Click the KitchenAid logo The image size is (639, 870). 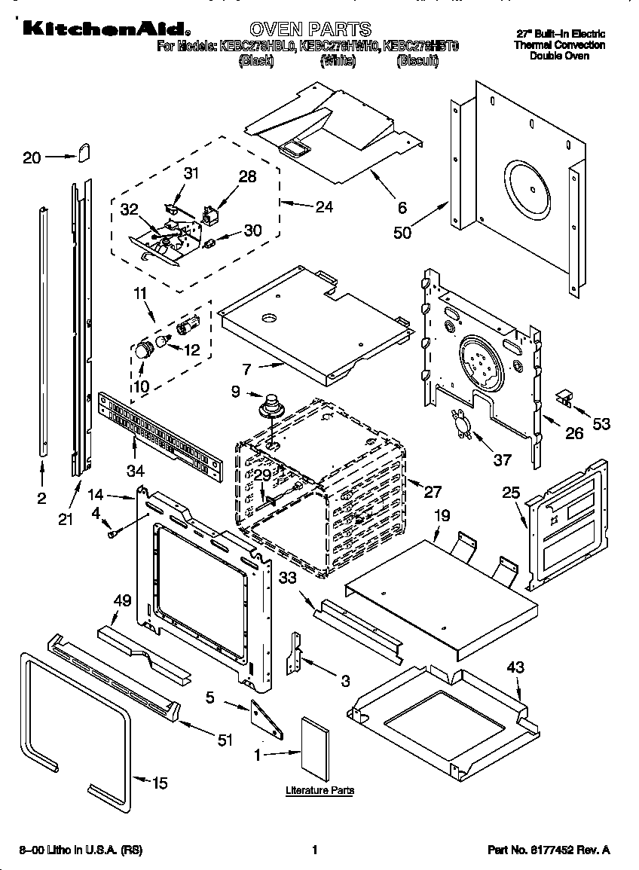104,29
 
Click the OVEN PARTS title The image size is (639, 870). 310,29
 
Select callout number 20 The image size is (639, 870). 32,157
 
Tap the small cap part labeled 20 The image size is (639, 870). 84,152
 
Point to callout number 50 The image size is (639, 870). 402,232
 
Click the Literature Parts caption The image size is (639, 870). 319,790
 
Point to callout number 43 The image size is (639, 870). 515,667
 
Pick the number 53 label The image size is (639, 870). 601,425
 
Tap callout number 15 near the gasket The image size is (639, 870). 159,783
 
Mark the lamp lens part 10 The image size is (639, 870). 142,350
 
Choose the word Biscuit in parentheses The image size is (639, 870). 417,61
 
